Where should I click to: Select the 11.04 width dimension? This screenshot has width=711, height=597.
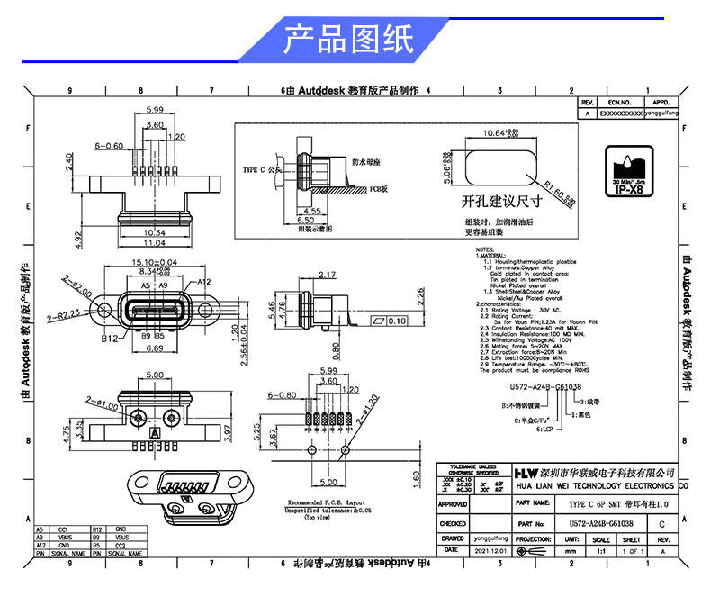coord(154,243)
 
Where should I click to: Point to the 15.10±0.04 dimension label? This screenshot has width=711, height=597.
coord(155,262)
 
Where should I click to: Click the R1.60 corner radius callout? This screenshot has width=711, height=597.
coord(559,193)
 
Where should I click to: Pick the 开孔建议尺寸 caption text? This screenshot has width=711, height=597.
coord(500,200)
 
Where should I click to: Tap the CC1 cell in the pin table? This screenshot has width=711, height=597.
coord(64,529)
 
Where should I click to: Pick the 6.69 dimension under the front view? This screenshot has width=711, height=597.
coord(154,348)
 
